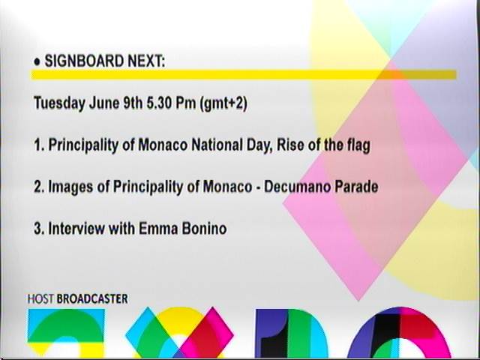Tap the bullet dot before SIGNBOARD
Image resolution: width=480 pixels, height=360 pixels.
pos(37,62)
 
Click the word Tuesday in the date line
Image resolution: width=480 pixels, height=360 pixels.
pos(60,103)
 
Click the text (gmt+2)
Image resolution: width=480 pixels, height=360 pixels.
pos(223,103)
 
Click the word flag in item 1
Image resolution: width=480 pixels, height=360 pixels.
pos(358,145)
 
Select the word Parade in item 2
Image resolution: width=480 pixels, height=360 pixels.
pos(356,187)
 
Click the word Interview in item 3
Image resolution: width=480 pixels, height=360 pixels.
pos(76,229)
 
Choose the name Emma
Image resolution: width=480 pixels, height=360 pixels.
pos(158,229)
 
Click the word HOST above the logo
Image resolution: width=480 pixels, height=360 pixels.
pos(40,299)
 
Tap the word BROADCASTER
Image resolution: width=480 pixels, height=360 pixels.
pos(92,299)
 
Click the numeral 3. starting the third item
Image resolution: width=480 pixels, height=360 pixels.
pos(39,229)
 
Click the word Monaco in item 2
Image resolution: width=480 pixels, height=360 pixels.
pos(227,187)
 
